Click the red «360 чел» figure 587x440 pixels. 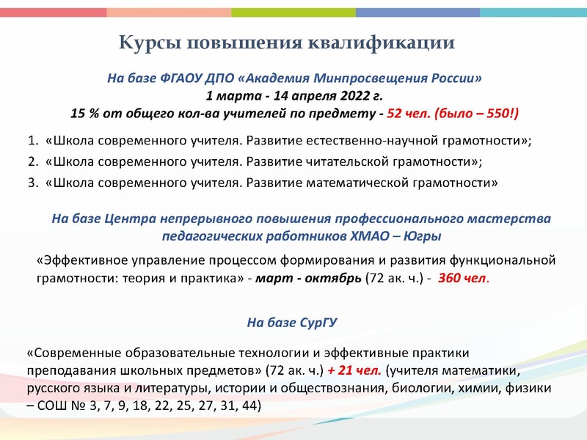coord(463,279)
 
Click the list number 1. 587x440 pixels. coord(32,140)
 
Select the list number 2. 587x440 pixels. coord(32,161)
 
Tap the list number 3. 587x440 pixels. coord(32,183)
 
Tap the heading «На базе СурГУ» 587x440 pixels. coord(293,321)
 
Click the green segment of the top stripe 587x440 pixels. coord(293,12)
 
